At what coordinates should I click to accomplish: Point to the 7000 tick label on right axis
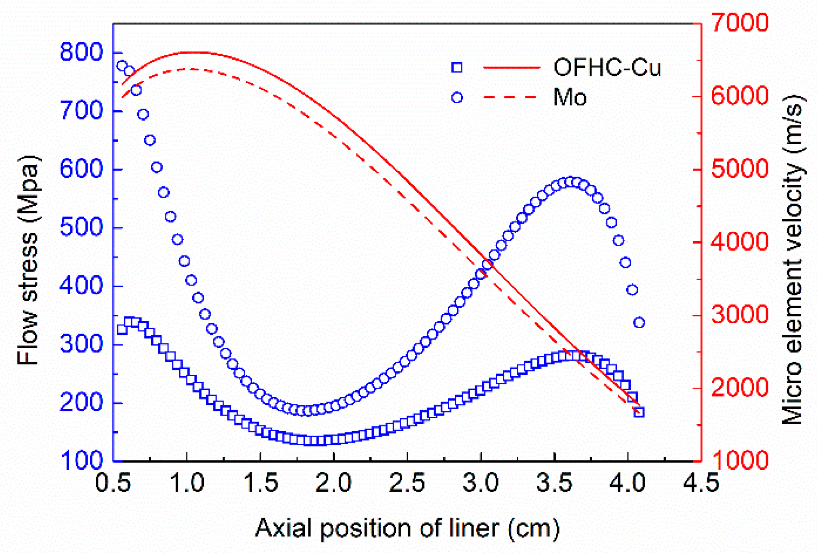[739, 22]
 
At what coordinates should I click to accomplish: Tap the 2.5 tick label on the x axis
[407, 483]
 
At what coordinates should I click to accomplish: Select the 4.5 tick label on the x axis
[701, 483]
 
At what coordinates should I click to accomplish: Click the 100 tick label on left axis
[81, 460]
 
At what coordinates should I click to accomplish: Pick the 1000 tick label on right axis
[739, 460]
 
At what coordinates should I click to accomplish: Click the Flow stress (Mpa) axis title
[28, 260]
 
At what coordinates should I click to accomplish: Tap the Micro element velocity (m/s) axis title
[792, 260]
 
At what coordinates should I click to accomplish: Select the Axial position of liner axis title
[407, 528]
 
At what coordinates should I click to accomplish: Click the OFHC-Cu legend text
[606, 67]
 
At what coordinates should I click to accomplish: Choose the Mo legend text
[569, 97]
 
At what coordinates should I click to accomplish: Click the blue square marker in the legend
[457, 67]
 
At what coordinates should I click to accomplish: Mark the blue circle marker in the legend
[457, 97]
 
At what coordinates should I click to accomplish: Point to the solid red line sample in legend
[511, 67]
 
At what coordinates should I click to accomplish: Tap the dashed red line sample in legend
[511, 97]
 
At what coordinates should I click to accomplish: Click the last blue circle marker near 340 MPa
[639, 322]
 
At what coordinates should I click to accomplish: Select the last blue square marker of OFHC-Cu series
[639, 412]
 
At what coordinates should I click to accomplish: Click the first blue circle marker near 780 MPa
[122, 66]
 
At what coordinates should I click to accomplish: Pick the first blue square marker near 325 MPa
[122, 330]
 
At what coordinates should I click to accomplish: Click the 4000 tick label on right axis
[739, 242]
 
